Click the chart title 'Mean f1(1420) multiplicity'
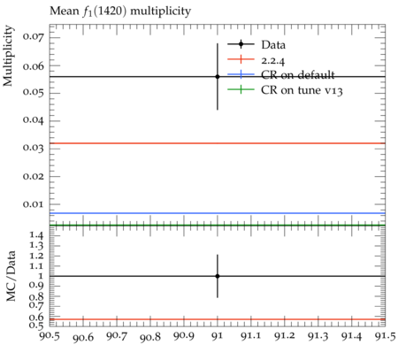(120, 11)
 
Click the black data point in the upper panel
(218, 77)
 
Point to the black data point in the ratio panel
(218, 276)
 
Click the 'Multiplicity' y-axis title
(8, 56)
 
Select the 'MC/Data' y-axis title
(11, 276)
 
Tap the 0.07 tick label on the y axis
(34, 38)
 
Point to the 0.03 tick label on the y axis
(34, 148)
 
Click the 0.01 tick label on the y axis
(34, 203)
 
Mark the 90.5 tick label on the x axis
(50, 336)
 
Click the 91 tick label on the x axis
(218, 336)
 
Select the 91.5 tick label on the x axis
(384, 336)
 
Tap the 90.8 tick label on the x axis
(150, 337)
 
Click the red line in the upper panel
(218, 143)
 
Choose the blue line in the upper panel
(218, 213)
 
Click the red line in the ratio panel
(218, 319)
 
